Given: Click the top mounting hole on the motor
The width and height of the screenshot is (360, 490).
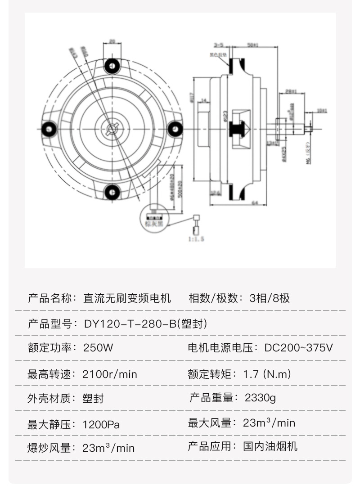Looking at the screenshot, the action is tap(111, 66).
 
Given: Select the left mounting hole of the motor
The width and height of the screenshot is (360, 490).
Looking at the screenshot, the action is tap(48, 129).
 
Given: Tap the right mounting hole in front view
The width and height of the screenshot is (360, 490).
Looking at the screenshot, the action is tap(174, 129).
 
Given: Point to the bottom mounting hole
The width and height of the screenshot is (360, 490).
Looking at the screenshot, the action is tap(111, 193).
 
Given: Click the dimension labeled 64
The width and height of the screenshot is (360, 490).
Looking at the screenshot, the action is tap(254, 203).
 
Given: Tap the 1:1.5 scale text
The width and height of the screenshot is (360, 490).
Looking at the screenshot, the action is tap(196, 239).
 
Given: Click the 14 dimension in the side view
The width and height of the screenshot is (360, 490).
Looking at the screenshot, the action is tap(203, 100).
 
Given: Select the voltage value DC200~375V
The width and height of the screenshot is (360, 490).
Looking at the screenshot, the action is tap(298, 348).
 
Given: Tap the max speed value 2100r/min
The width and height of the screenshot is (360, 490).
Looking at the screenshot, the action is tap(110, 374).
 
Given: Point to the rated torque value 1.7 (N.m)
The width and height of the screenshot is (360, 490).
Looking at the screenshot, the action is tap(267, 374).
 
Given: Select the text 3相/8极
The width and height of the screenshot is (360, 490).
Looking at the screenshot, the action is tap(270, 298).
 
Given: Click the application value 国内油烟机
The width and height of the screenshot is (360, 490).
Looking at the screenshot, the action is tap(270, 447).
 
